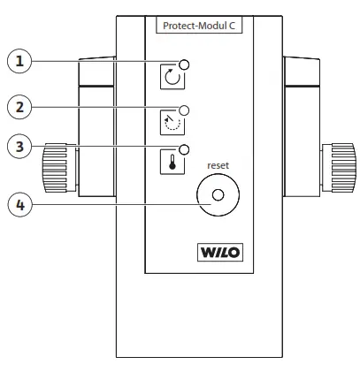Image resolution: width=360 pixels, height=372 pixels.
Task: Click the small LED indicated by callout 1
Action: (x=185, y=64)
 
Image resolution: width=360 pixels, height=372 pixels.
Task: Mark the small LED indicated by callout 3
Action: (x=185, y=149)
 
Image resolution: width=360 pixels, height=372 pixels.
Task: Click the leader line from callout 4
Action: (x=115, y=204)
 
